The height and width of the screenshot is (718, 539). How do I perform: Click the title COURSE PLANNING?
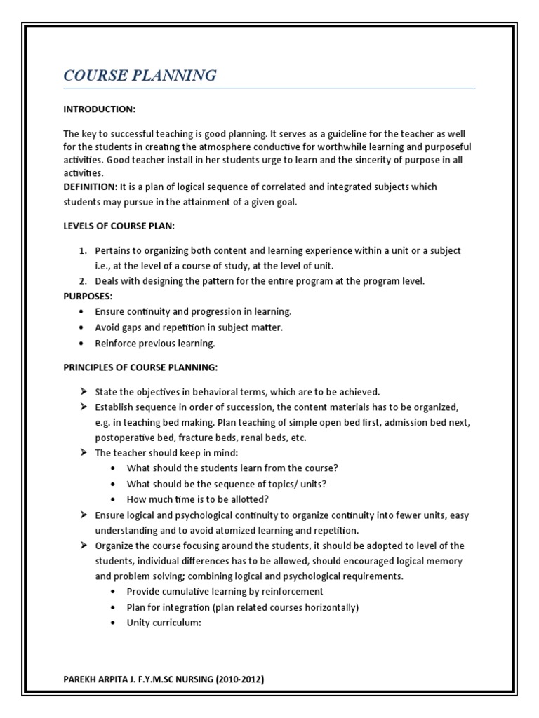click(140, 76)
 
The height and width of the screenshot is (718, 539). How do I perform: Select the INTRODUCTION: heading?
click(99, 110)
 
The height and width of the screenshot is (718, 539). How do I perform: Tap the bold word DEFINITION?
click(91, 187)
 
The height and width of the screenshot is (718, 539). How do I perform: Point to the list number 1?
click(81, 250)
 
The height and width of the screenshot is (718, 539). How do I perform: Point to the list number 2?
click(81, 281)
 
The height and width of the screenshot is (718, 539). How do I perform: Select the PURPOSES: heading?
click(88, 296)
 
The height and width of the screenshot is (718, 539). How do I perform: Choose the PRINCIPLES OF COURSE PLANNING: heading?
click(140, 367)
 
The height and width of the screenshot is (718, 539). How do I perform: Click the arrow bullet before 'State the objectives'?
click(82, 391)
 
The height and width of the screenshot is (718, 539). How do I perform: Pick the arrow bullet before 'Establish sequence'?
click(82, 407)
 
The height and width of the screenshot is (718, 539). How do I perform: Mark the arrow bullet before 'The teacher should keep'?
click(82, 453)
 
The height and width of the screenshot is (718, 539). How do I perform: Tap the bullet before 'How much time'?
click(113, 499)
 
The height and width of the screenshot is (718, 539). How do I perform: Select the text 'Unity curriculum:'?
click(164, 623)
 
